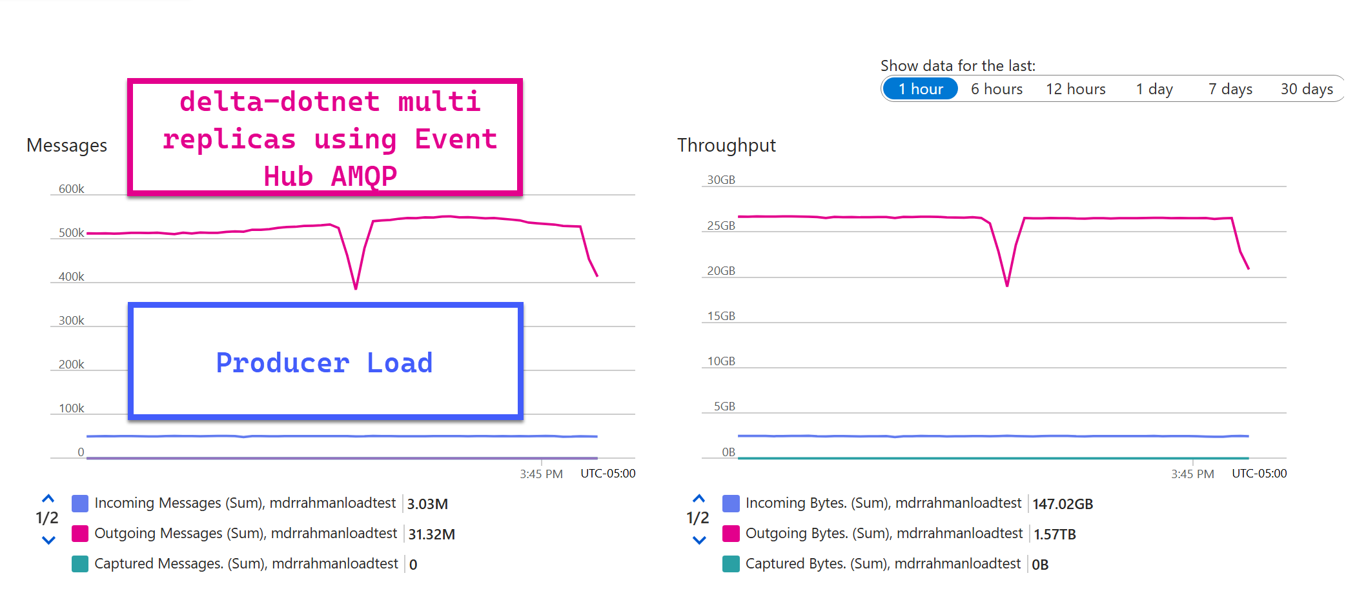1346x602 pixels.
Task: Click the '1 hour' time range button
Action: point(920,89)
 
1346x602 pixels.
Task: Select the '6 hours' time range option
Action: point(997,89)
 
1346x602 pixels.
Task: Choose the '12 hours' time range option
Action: point(1076,89)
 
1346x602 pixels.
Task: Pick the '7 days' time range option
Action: point(1230,89)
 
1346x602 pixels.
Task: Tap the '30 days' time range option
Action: point(1307,89)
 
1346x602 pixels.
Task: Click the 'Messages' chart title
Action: point(66,146)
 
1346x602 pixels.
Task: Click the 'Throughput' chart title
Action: point(726,146)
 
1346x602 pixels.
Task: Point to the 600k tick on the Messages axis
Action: point(71,189)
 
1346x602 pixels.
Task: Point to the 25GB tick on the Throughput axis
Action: point(721,226)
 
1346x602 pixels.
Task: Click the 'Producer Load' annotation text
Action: point(324,363)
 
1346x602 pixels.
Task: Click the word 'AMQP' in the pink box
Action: point(363,176)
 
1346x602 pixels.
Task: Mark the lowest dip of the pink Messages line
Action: point(356,288)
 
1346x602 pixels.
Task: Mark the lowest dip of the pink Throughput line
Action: point(1007,285)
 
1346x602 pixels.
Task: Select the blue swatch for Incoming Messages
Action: point(80,503)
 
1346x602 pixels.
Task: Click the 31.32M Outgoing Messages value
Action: point(431,534)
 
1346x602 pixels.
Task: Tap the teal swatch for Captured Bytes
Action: point(731,564)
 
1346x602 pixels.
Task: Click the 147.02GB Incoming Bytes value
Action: point(1063,504)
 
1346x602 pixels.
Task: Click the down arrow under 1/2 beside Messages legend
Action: point(48,540)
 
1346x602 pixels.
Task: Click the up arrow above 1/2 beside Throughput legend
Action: point(698,499)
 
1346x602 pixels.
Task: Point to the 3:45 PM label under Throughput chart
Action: point(1192,474)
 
